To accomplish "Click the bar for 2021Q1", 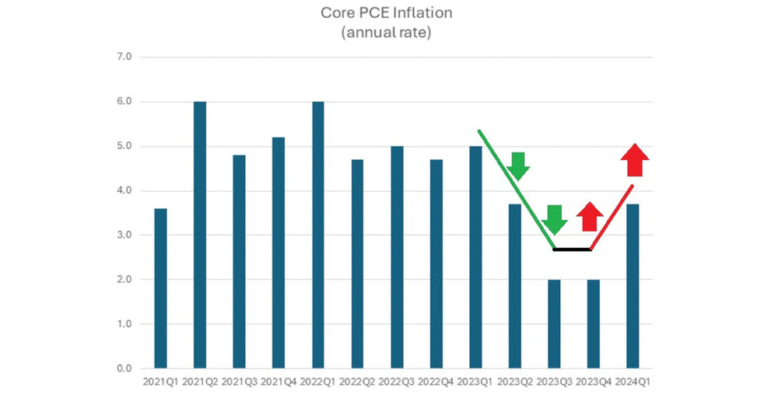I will click(x=160, y=288).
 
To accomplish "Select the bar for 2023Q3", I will click(x=554, y=323).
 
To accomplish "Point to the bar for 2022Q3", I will click(x=397, y=256).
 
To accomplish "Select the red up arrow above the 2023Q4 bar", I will click(x=591, y=217).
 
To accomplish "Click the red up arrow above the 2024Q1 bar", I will click(x=635, y=160).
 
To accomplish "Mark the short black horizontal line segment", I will click(x=572, y=249).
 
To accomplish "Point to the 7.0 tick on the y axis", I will click(x=124, y=58).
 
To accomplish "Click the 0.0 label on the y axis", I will click(x=124, y=368).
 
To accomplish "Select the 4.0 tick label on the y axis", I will click(x=124, y=190).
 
